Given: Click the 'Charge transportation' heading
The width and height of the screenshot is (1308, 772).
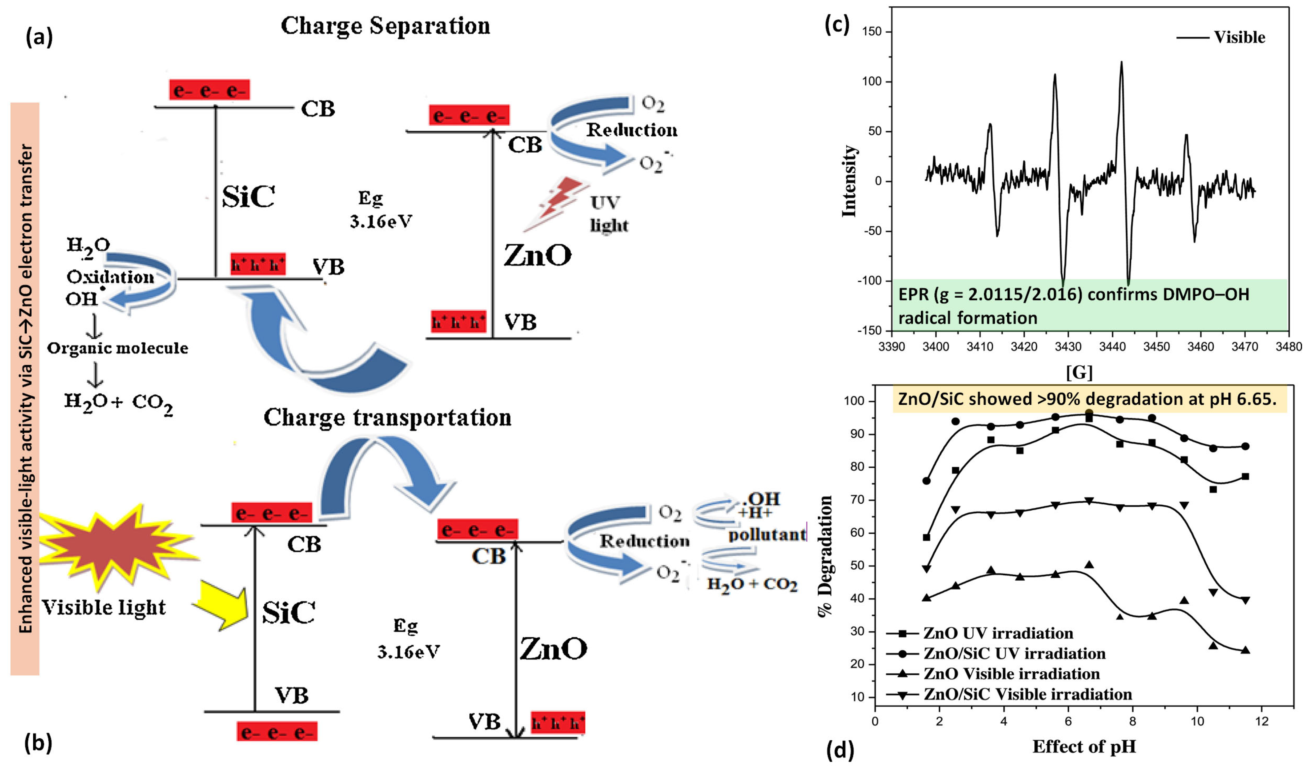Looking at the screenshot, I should (x=387, y=418).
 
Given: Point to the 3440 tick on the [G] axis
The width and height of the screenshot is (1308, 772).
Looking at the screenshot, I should (x=1114, y=347).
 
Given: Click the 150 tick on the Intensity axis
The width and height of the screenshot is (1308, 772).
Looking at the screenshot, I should (x=872, y=32).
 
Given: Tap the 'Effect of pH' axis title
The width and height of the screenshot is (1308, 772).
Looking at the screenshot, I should (x=1084, y=747).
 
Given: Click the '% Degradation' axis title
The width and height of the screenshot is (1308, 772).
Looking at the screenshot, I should (x=826, y=555).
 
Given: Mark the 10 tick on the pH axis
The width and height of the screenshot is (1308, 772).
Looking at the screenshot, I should (x=1197, y=722).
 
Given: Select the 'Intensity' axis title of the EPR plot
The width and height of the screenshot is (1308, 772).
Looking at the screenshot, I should (x=849, y=181).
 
